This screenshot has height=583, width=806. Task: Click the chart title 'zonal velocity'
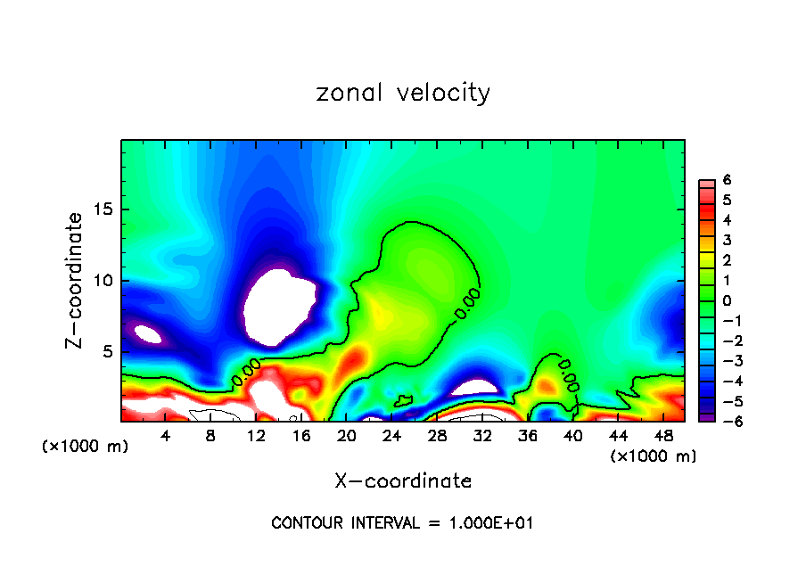pyautogui.click(x=403, y=93)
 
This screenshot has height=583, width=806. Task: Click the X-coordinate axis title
pyautogui.click(x=403, y=481)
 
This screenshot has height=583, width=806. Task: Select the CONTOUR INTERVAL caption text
pyautogui.click(x=402, y=523)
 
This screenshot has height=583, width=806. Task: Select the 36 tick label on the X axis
pyautogui.click(x=527, y=437)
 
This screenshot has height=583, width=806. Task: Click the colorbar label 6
pyautogui.click(x=727, y=180)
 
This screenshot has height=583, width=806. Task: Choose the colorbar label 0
pyautogui.click(x=727, y=300)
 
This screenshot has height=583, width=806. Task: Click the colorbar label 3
pyautogui.click(x=727, y=240)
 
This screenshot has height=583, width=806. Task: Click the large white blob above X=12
pyautogui.click(x=278, y=308)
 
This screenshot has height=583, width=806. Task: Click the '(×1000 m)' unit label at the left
pyautogui.click(x=85, y=447)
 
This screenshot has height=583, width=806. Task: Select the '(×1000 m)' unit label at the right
pyautogui.click(x=654, y=456)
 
